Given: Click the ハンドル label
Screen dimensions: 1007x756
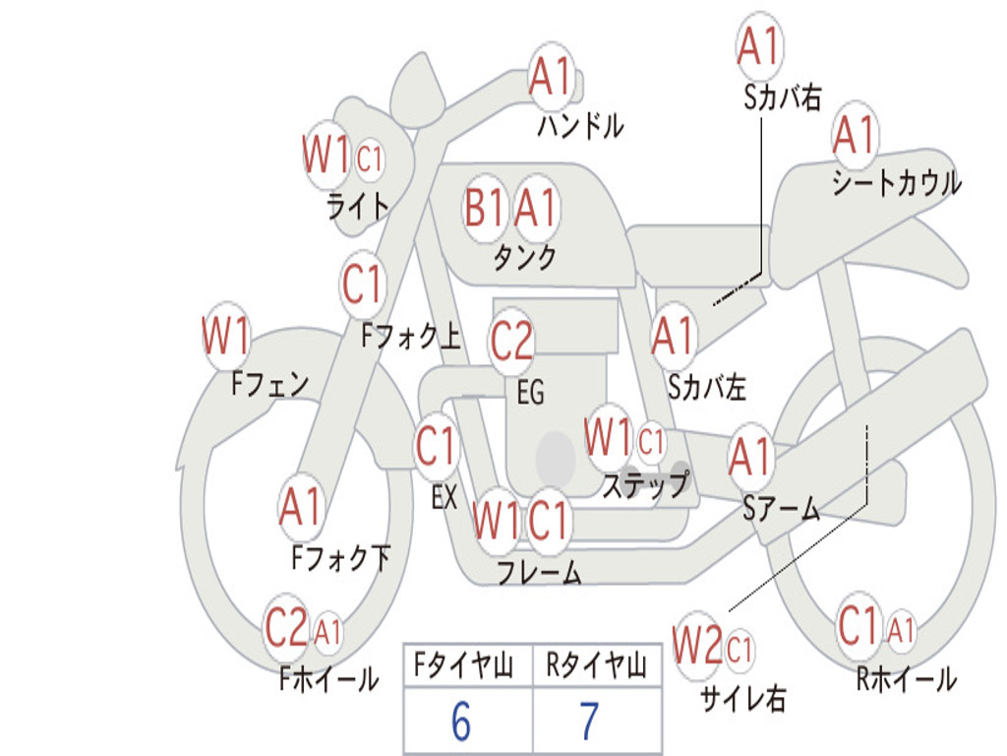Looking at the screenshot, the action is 580,126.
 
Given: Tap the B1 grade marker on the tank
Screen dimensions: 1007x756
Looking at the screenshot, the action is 484,208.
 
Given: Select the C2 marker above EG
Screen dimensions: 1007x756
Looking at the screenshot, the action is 510,341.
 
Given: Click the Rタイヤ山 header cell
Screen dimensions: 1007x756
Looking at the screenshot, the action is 596,665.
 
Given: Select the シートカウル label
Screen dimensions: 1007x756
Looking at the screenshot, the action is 897,182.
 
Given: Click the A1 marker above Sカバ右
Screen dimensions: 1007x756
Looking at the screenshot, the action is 759,46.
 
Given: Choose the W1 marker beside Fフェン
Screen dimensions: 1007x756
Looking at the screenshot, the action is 226,337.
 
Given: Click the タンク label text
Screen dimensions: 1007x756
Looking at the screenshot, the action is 524,258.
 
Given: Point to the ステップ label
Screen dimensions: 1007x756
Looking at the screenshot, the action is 645,484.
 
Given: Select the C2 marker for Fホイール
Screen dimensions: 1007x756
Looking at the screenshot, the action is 286,627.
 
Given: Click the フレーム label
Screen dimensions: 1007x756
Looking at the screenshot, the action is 540,572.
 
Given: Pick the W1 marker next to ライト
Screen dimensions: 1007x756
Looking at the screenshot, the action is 326,155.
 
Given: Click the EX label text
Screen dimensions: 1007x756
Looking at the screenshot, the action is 444,497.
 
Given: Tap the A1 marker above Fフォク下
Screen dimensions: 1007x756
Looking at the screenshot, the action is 301,507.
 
